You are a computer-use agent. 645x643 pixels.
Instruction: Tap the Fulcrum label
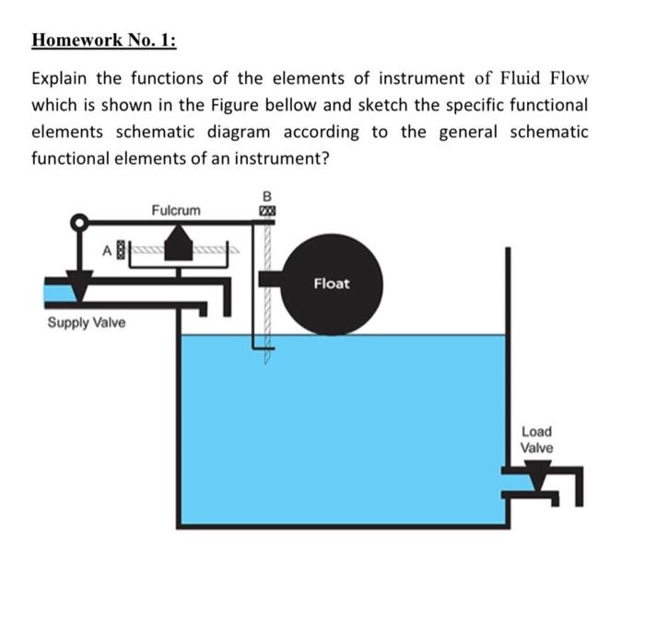pyautogui.click(x=175, y=211)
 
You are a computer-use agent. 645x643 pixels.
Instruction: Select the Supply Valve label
pyautogui.click(x=86, y=323)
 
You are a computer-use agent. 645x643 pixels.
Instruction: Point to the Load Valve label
pyautogui.click(x=536, y=439)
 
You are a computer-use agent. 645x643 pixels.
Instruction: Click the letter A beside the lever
pyautogui.click(x=108, y=248)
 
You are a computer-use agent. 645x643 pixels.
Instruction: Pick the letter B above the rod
pyautogui.click(x=267, y=195)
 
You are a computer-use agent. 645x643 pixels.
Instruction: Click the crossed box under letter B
pyautogui.click(x=267, y=212)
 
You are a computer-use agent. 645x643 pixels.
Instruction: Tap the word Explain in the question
pyautogui.click(x=60, y=77)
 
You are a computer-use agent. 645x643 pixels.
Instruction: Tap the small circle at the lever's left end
pyautogui.click(x=81, y=222)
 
